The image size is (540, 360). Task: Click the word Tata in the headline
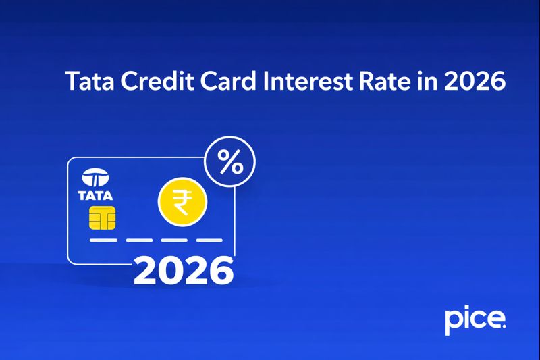point(86,81)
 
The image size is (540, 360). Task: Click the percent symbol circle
point(230,163)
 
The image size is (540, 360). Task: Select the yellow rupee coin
point(182,201)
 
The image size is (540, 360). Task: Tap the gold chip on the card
point(101,217)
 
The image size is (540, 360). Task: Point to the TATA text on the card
point(96,196)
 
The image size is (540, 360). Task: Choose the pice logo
point(475,319)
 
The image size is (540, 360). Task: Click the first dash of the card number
point(103,240)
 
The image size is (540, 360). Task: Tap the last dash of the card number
point(209,240)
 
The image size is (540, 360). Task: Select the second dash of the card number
point(138,240)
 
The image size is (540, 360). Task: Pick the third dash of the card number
point(173,240)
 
